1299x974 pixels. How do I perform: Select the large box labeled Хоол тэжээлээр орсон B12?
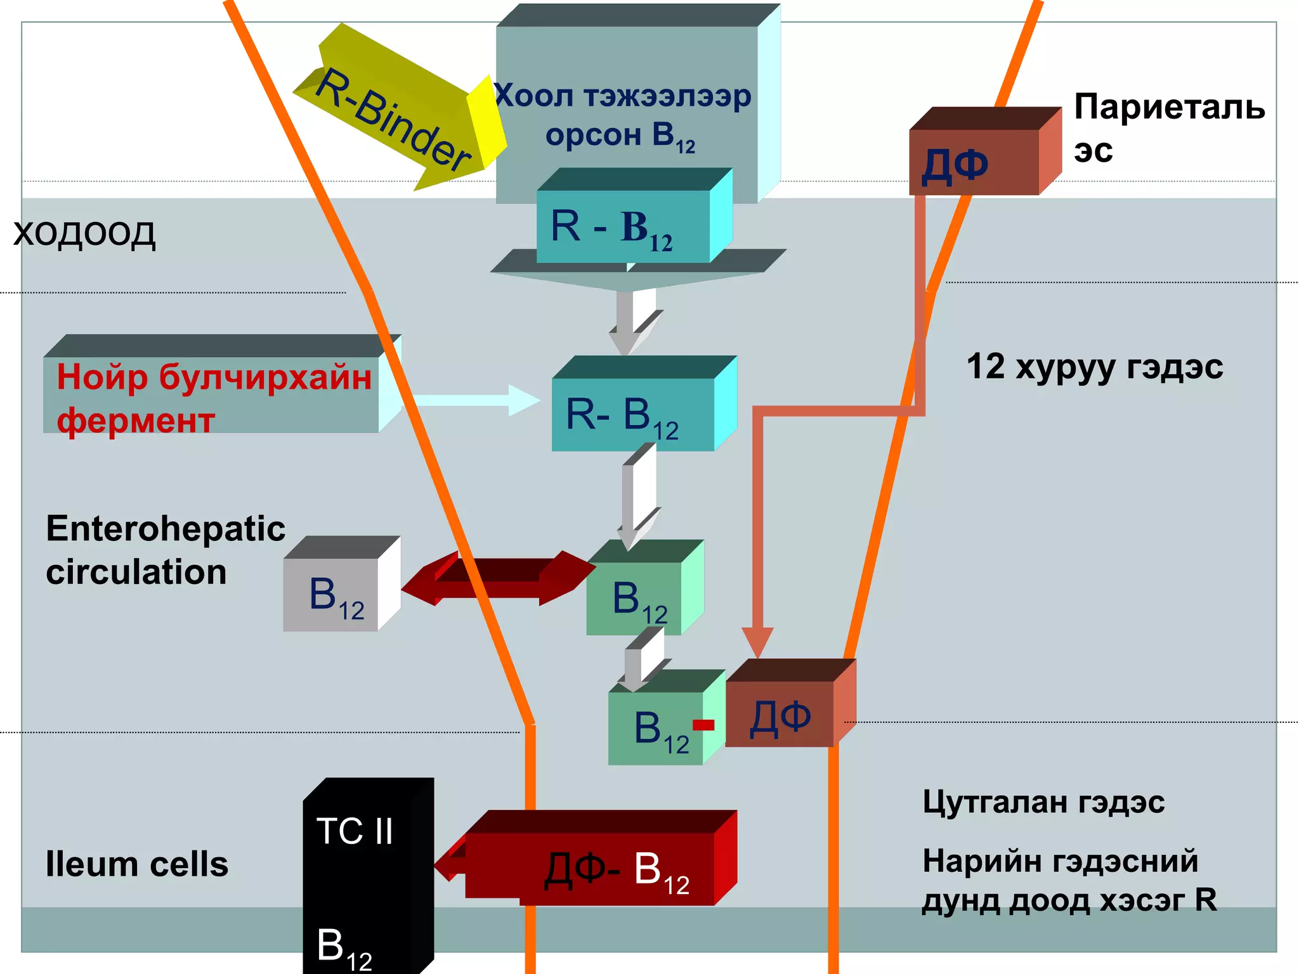coord(625,114)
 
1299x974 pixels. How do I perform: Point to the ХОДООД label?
coord(84,233)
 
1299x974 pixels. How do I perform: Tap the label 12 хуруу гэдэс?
coord(1094,367)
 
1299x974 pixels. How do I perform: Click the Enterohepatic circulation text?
coord(165,550)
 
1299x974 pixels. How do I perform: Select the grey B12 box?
coord(331,594)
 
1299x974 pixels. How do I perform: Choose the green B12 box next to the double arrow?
coord(634,599)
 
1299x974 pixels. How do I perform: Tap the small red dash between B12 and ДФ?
coord(703,725)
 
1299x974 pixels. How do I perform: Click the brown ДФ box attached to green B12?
coord(780,714)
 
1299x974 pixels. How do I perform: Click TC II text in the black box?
coord(355,831)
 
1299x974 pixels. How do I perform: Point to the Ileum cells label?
coord(136,864)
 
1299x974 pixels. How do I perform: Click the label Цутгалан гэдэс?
coord(1043,802)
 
